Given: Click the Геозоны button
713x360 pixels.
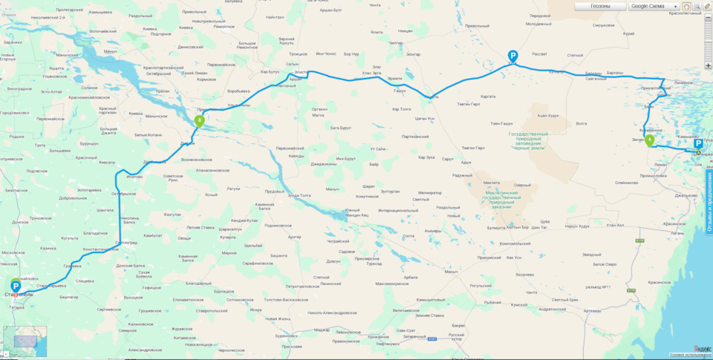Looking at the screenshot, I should click(x=600, y=6).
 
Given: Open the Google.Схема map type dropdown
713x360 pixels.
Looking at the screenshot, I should click(x=654, y=6).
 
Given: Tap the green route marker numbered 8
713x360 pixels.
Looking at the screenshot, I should click(x=199, y=120).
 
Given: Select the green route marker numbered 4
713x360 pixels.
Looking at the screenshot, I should click(x=649, y=140).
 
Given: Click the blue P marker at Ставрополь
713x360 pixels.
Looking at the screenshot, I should click(x=16, y=287).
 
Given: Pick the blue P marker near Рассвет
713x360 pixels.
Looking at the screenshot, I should click(x=512, y=56).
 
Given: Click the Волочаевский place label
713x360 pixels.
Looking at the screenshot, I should click(x=102, y=31).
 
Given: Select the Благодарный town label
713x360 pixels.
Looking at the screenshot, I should click(x=198, y=284).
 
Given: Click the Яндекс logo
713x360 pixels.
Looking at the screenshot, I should click(x=701, y=348).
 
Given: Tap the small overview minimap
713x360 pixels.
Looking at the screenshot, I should click(x=25, y=341).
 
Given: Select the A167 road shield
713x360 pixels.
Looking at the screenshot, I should click(x=431, y=339).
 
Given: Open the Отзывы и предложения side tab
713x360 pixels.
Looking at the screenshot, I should click(x=709, y=202).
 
